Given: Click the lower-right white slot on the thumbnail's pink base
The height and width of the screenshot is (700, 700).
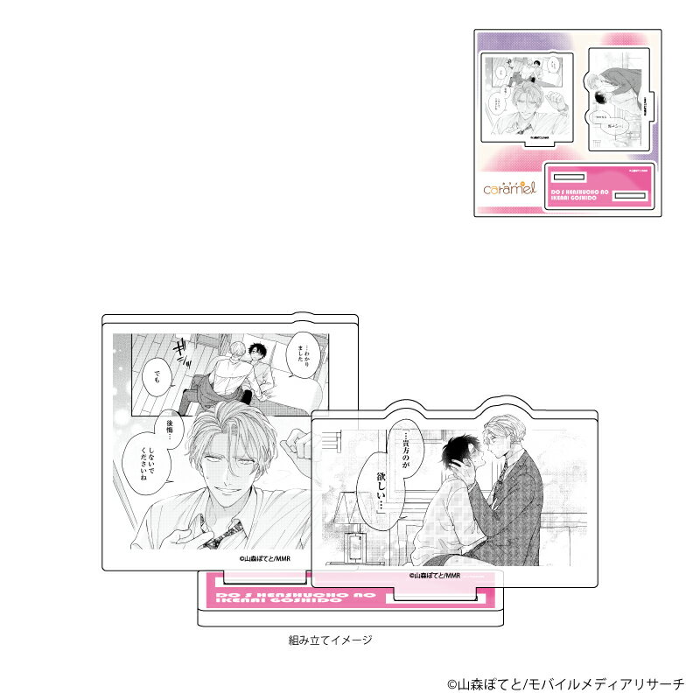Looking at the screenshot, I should pos(625,197).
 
